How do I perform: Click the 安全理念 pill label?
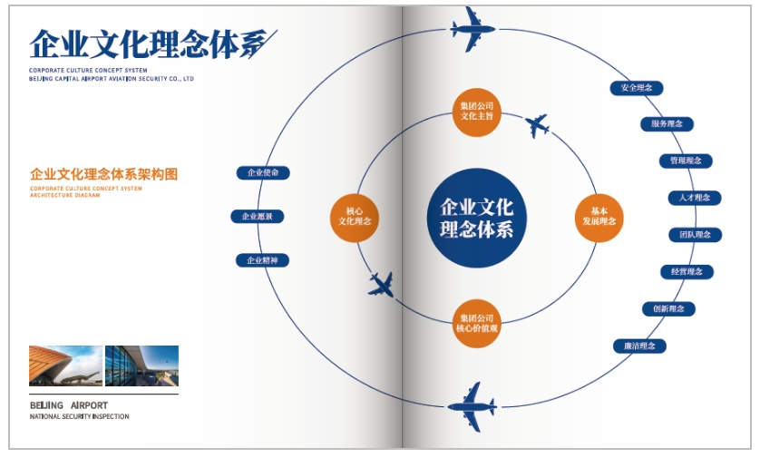point(637,88)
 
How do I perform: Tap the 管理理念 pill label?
point(685,161)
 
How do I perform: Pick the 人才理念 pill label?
point(694,198)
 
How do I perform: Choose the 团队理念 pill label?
point(695,235)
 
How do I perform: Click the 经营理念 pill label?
point(687,271)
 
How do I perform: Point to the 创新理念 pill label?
point(668,308)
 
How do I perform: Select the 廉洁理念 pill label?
point(639,346)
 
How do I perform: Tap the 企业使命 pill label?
point(263,172)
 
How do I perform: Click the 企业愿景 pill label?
point(258,216)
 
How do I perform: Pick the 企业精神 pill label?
point(263,260)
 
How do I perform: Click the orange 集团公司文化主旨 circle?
point(477,112)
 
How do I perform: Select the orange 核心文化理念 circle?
point(355,217)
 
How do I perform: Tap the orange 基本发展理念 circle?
point(599,217)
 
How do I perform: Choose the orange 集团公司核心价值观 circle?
point(477,323)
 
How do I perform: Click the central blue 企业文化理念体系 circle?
point(477,218)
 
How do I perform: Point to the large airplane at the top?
point(473,31)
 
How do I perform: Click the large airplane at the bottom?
point(471,405)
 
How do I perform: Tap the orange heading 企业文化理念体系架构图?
point(103,173)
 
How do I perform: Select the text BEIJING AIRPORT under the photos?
point(69,404)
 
